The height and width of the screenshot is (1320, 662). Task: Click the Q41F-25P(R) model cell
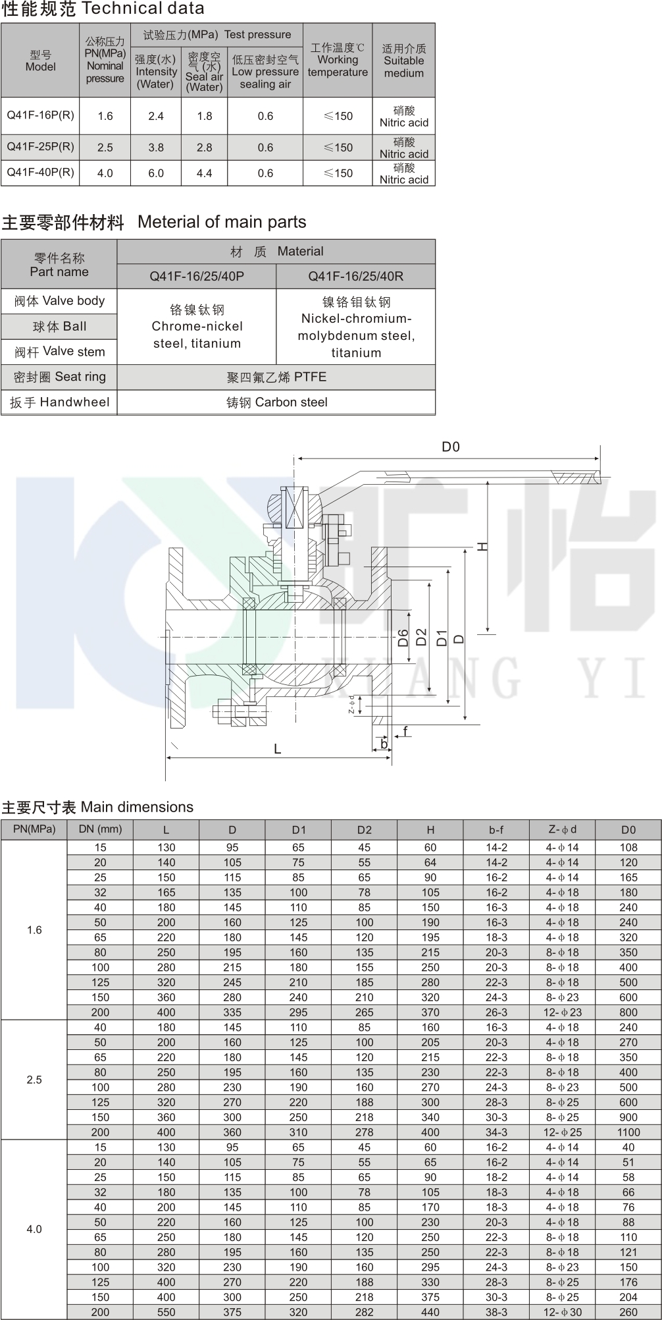[40, 146]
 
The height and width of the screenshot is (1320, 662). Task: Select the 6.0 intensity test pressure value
[156, 173]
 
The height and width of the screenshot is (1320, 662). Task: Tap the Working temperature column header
[338, 60]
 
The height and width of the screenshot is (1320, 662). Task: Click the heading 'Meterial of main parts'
[222, 222]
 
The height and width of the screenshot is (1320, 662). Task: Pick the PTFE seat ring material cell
[276, 377]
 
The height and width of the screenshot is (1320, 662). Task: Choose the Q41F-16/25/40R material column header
[355, 276]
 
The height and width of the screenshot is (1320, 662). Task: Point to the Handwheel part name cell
[59, 402]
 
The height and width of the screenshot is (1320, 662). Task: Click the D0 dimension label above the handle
[451, 447]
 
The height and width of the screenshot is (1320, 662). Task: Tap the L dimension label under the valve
[277, 749]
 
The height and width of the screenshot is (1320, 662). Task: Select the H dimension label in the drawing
[482, 546]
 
